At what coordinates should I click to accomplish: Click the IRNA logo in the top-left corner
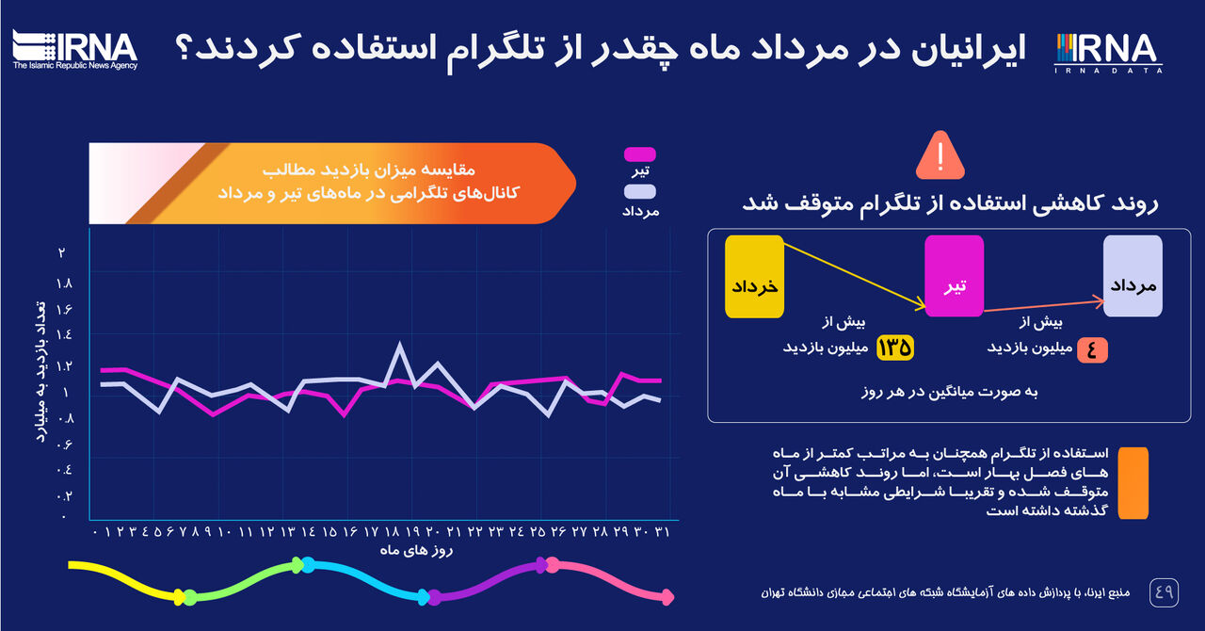click(x=75, y=49)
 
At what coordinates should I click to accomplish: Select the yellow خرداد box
click(x=754, y=276)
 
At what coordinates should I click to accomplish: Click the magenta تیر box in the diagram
click(x=954, y=276)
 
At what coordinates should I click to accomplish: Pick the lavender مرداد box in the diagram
click(x=1133, y=276)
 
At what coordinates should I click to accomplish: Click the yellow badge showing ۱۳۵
click(x=895, y=348)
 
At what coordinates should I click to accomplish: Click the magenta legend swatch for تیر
click(x=639, y=154)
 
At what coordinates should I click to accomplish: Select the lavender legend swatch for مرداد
click(x=639, y=192)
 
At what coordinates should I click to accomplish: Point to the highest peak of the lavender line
click(x=400, y=345)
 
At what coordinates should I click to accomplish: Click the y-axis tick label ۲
click(x=62, y=252)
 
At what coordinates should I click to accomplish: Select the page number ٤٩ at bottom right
click(x=1165, y=592)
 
